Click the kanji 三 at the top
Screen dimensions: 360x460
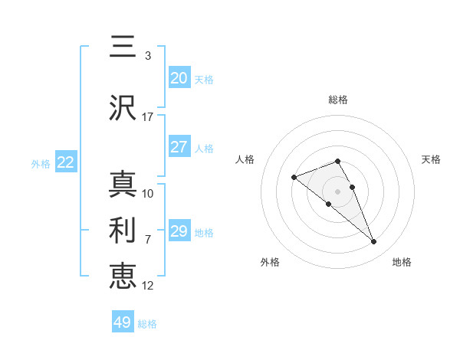(x=123, y=47)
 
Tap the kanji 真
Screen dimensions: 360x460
(x=123, y=185)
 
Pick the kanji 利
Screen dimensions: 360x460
(x=123, y=229)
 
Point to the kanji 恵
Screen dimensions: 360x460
(x=123, y=274)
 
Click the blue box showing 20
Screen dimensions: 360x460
(x=179, y=78)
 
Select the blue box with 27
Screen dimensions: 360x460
(x=179, y=147)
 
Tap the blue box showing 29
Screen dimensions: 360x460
(x=179, y=231)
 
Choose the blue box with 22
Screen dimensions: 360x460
(x=65, y=162)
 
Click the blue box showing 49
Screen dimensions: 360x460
(x=123, y=322)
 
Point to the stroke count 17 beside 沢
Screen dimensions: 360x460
(x=147, y=116)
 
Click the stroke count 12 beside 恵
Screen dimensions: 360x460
(x=147, y=285)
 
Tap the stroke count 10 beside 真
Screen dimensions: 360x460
(x=147, y=193)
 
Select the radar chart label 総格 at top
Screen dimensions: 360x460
(x=338, y=100)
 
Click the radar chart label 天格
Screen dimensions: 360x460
(x=431, y=159)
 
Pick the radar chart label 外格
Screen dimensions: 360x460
(x=270, y=262)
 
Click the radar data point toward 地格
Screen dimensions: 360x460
(x=373, y=242)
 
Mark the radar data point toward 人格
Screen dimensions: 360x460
(x=294, y=178)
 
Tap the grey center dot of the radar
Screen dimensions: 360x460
(x=338, y=191)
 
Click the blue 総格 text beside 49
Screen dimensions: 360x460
(x=147, y=324)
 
